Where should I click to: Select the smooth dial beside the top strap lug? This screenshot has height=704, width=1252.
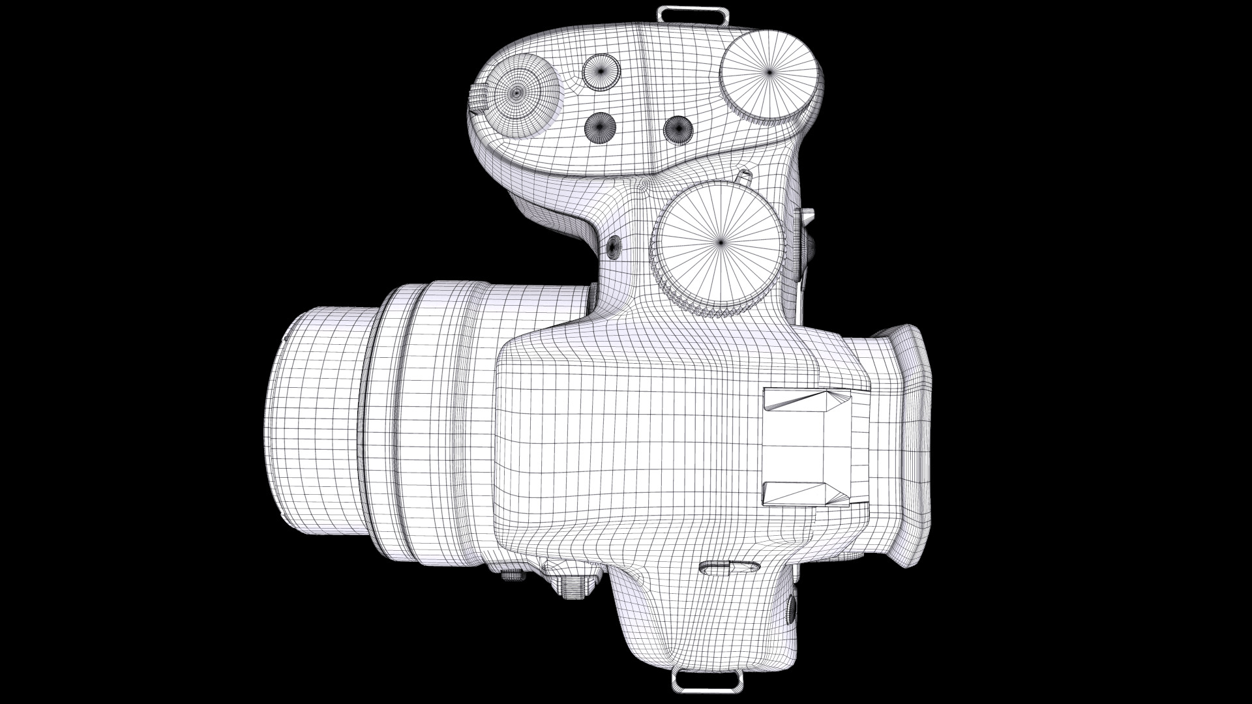[769, 72]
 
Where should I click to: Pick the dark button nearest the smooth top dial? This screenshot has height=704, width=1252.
[678, 128]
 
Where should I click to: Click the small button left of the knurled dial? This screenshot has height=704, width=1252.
[614, 246]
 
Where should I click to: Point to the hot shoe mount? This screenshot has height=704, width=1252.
[807, 447]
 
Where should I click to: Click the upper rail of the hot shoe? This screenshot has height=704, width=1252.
[807, 400]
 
